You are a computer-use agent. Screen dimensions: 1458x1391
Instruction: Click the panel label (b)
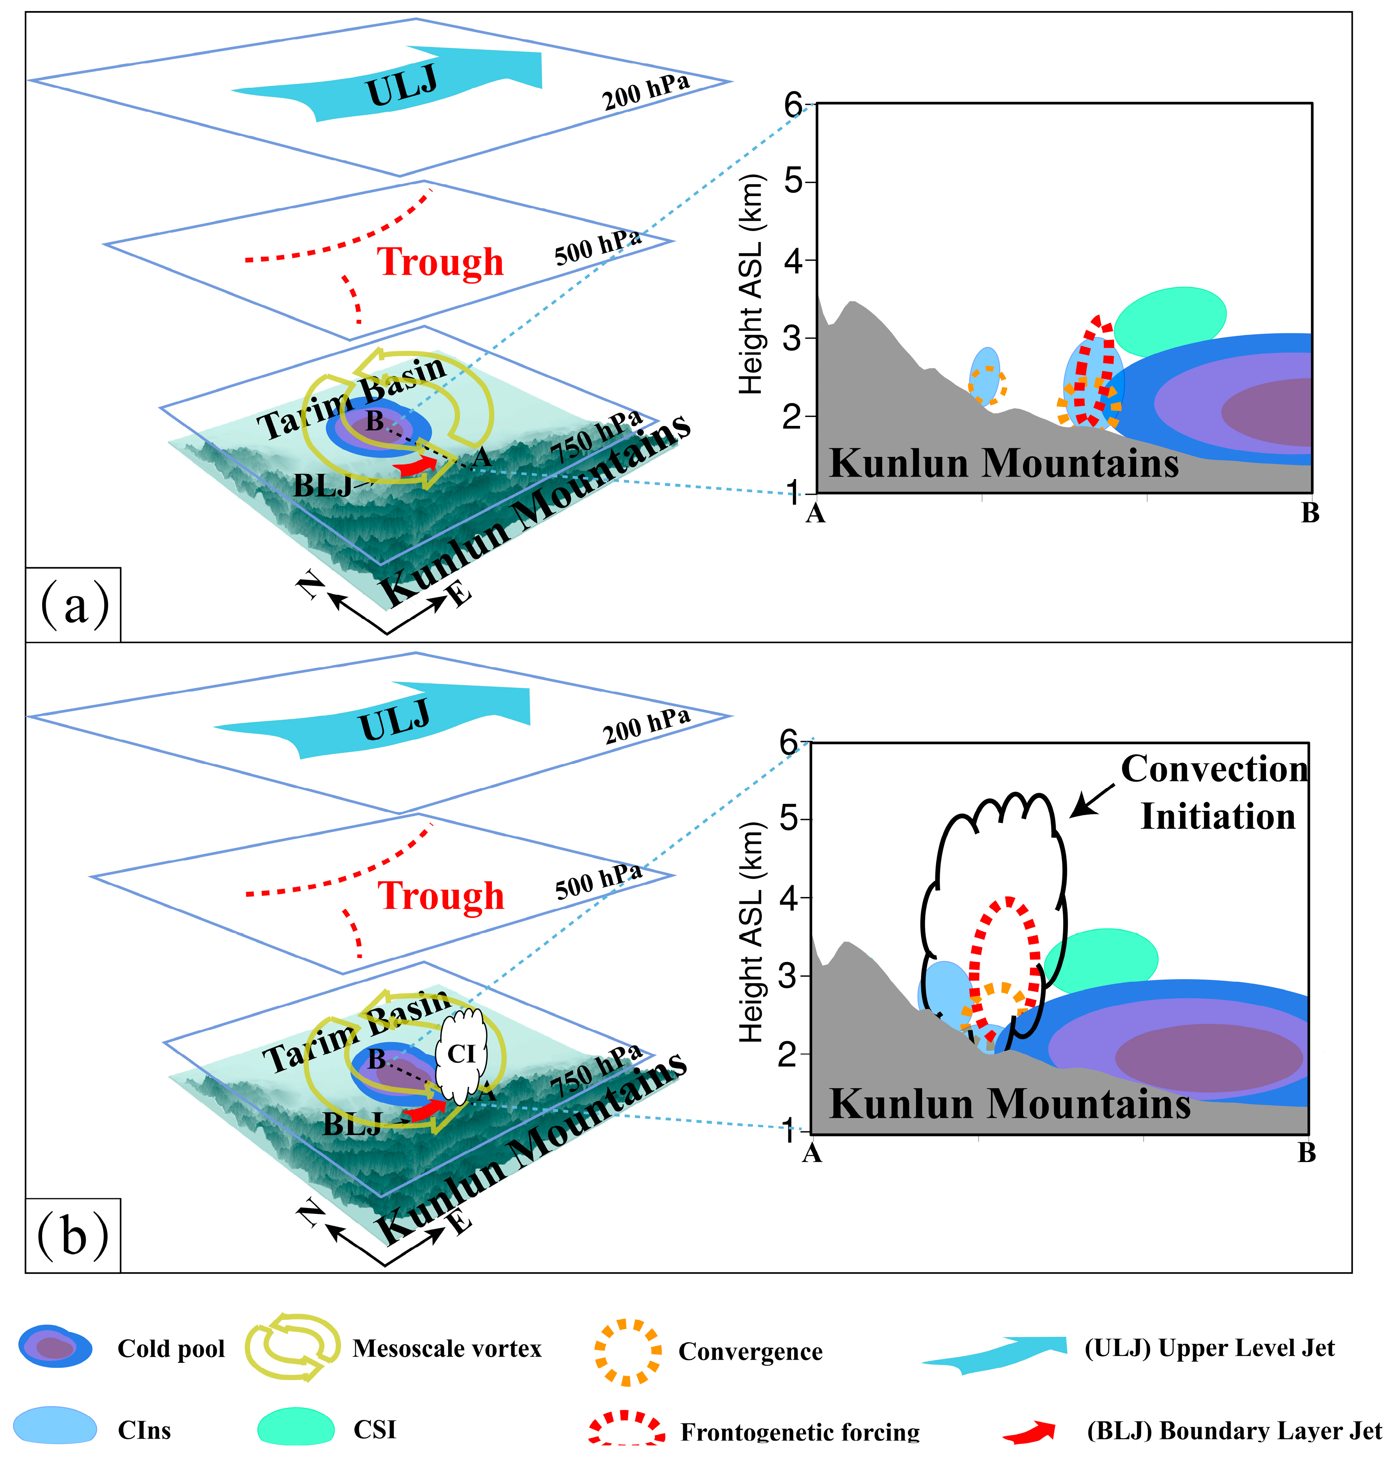[73, 1236]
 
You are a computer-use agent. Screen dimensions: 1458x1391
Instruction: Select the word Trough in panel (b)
[441, 896]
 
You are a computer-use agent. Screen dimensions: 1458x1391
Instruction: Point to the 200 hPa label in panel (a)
[647, 93]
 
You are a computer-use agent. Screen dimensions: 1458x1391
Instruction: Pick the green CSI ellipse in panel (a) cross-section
[1170, 320]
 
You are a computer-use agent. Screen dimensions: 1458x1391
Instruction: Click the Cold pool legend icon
[55, 1347]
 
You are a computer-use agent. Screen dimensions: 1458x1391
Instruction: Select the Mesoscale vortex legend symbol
[293, 1347]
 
